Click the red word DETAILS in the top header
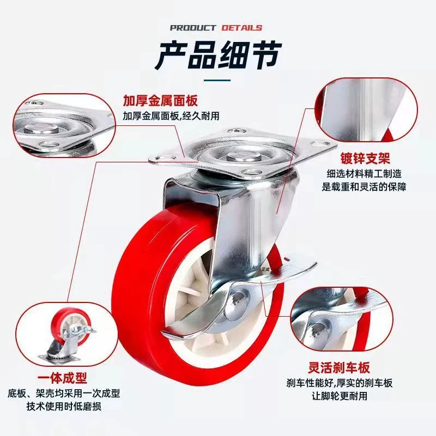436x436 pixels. click(241, 28)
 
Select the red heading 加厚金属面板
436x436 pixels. click(159, 101)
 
